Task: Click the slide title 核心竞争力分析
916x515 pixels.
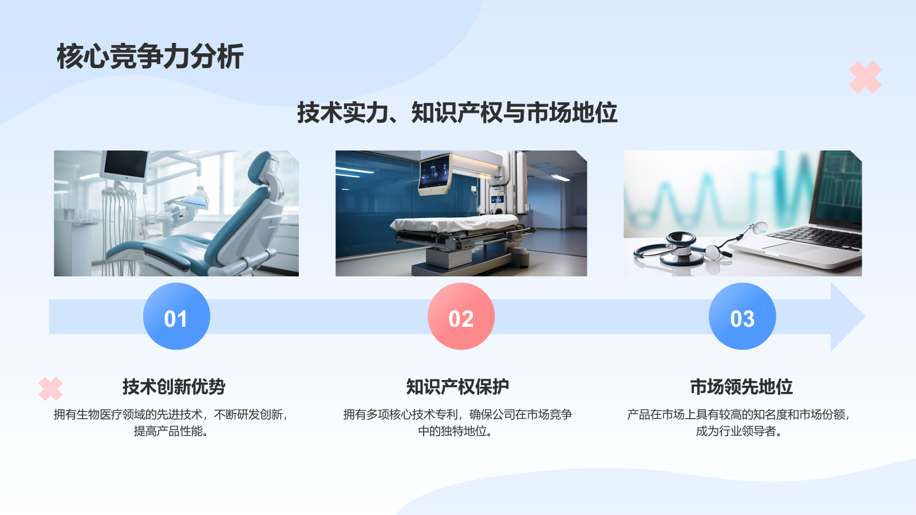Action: point(150,57)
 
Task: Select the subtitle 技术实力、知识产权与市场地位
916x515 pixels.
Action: point(457,113)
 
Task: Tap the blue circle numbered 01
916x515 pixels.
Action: point(176,316)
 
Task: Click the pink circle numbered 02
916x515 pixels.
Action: point(461,316)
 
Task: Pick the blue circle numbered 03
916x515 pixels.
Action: point(742,316)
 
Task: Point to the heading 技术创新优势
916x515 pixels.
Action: point(173,387)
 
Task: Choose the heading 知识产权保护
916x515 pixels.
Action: point(457,387)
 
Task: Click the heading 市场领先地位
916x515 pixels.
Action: point(741,387)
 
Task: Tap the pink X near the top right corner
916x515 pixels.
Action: point(865,77)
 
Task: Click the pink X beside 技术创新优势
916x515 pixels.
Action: point(50,389)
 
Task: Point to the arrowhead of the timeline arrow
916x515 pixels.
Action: point(847,316)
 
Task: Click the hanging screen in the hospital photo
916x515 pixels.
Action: point(435,173)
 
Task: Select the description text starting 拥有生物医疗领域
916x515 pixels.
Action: point(171,422)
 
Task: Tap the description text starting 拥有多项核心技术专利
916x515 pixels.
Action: point(457,422)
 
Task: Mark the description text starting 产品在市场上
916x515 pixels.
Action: point(739,422)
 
